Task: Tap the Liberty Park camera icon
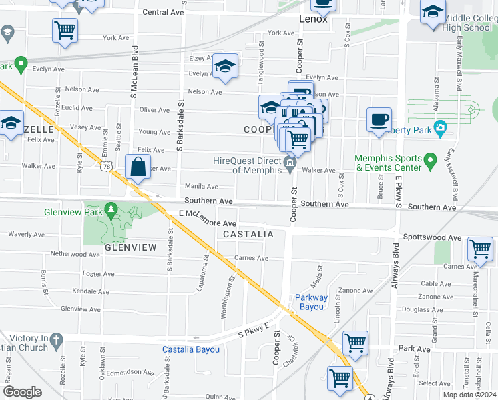tap(440, 128)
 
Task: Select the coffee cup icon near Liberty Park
tap(379, 120)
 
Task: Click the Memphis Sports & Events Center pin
tap(430, 160)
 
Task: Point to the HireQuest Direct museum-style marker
tap(290, 163)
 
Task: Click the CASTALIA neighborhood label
tap(248, 235)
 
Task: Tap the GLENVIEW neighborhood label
tap(130, 247)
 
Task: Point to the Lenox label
tap(313, 19)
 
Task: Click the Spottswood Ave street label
tap(433, 237)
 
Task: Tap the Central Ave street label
tap(163, 12)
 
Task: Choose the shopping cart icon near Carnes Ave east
tap(480, 249)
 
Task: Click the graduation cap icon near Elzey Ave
tap(226, 66)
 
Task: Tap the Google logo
tap(22, 392)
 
